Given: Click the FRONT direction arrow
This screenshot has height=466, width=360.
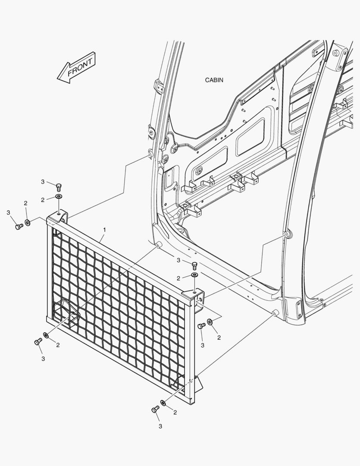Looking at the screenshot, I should click(77, 67).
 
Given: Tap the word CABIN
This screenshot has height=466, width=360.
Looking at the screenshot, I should click(214, 80).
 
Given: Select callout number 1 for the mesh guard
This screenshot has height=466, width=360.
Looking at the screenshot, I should click(104, 227).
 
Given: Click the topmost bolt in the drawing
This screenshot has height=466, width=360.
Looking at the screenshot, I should click(59, 186).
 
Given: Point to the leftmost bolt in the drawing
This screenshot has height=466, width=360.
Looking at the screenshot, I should click(19, 226).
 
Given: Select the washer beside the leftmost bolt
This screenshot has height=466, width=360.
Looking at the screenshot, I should click(27, 223).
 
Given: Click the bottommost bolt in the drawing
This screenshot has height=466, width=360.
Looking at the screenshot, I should click(155, 409).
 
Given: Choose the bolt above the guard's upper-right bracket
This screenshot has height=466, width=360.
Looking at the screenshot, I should click(194, 265).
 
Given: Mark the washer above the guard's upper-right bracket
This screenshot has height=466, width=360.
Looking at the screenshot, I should click(194, 275).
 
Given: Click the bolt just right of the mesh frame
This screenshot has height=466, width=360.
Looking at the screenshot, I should click(201, 327).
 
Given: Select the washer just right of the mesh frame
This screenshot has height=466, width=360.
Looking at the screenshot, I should click(210, 321).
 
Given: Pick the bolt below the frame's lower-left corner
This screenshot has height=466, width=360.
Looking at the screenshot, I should click(37, 342).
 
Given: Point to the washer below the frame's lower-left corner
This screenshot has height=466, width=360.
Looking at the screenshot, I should click(46, 335).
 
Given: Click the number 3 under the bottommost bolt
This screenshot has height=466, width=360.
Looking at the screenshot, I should click(160, 427).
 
